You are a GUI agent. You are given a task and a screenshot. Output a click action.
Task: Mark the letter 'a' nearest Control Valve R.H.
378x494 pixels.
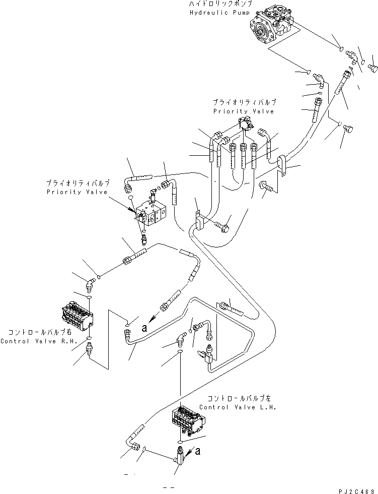click(x=144, y=328)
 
